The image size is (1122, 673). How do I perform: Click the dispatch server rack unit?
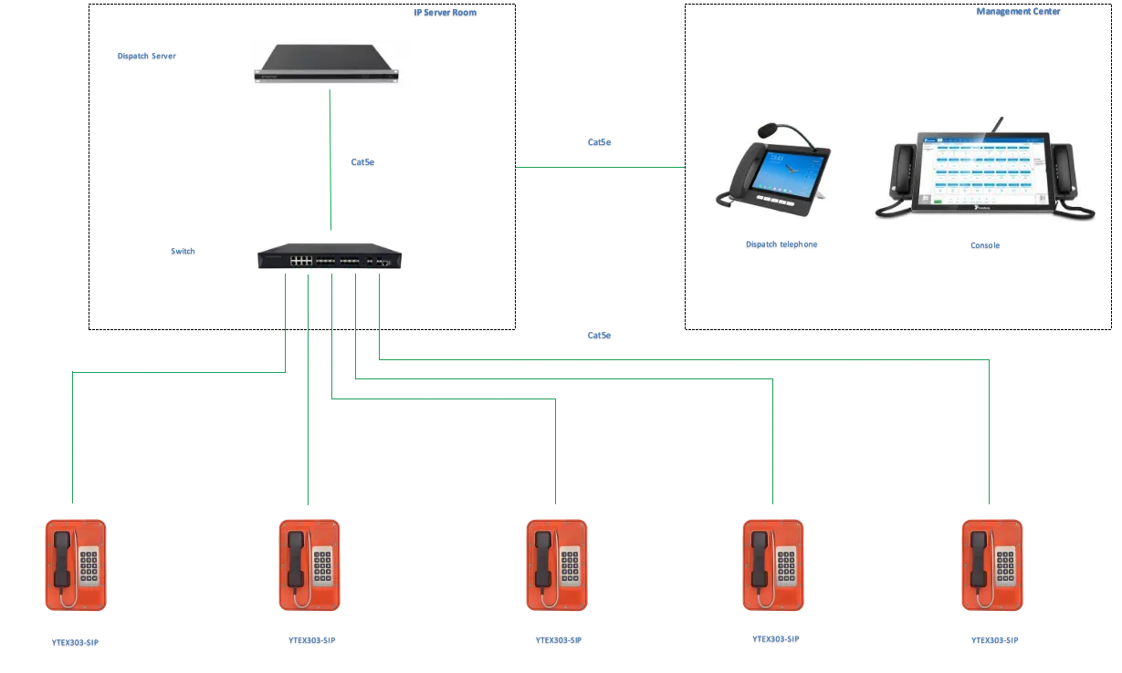(x=331, y=65)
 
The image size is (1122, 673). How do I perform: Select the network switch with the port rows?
(x=331, y=252)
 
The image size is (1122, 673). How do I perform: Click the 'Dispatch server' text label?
(x=146, y=57)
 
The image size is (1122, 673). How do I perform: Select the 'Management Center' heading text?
(x=1017, y=13)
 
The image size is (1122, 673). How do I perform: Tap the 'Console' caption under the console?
(x=981, y=247)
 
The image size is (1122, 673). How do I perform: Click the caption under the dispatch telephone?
(x=781, y=246)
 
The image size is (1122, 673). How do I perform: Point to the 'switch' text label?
(x=183, y=253)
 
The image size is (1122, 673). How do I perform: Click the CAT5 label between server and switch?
(x=364, y=161)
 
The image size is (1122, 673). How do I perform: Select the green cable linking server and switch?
(x=332, y=164)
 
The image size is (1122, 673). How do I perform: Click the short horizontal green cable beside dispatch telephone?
(x=599, y=165)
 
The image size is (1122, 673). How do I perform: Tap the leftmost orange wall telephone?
(x=77, y=565)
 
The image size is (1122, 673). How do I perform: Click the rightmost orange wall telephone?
(x=991, y=565)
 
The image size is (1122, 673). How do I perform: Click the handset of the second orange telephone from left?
(x=296, y=557)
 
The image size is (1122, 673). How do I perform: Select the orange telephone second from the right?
(x=771, y=565)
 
